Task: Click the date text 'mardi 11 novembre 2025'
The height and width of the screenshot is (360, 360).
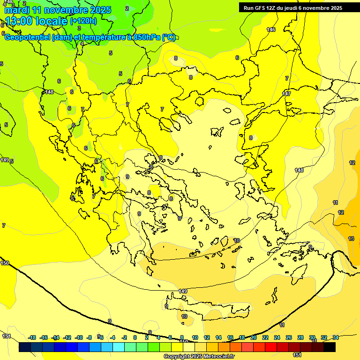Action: (x=58, y=10)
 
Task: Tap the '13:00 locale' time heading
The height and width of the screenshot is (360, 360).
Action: (x=37, y=21)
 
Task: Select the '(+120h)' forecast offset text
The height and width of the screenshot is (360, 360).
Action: (x=83, y=21)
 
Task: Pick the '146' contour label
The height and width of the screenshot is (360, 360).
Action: (x=271, y=30)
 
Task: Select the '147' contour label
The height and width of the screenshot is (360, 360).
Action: (x=286, y=94)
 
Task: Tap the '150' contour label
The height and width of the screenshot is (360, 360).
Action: (x=5, y=263)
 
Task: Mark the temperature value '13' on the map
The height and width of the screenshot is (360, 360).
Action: (x=351, y=239)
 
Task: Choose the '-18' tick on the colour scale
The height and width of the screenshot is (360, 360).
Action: (x=32, y=337)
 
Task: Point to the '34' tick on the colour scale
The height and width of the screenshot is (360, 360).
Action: (x=336, y=337)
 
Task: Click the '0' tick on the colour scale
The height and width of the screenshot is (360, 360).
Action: (x=135, y=337)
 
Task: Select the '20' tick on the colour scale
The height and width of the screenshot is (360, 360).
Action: (x=254, y=337)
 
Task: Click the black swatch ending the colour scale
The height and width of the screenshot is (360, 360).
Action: (x=330, y=347)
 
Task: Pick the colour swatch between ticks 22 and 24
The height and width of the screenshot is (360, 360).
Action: (x=271, y=347)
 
